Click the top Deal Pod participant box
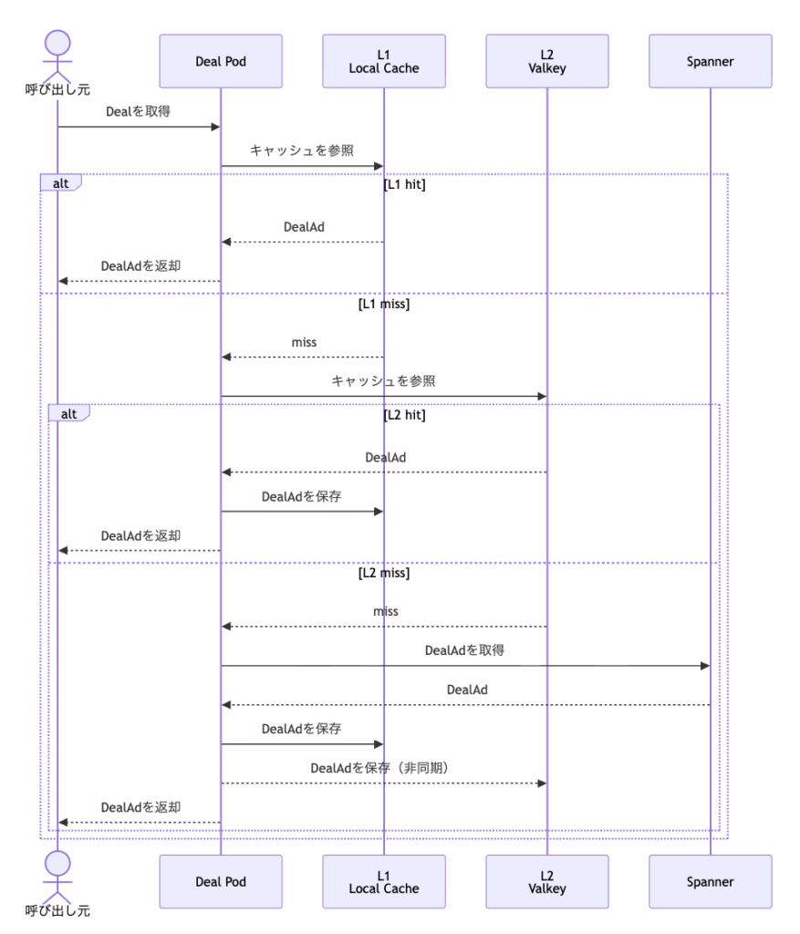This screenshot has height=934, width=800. tap(221, 61)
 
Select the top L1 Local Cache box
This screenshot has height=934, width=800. tap(384, 61)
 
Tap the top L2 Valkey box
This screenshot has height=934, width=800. tap(546, 61)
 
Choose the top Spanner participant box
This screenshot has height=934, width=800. tap(710, 61)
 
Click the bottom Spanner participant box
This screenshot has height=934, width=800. tap(710, 882)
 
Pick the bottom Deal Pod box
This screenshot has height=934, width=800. tap(221, 882)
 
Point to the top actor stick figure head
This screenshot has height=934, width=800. tap(57, 43)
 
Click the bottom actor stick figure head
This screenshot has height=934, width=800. tap(57, 863)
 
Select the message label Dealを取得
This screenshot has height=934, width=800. tap(138, 111)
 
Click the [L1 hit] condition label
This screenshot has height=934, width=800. tap(404, 184)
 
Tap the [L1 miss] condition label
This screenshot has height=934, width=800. tap(384, 304)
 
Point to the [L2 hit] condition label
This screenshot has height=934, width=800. tap(404, 415)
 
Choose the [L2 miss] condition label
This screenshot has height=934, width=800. tap(384, 573)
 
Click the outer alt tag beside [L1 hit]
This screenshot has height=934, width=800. tap(61, 182)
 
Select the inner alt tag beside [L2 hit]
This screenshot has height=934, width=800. tap(69, 413)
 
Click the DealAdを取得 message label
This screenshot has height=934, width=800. tap(464, 650)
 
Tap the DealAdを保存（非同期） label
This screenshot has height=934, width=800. tap(379, 768)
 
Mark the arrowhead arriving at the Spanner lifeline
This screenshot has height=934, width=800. tap(705, 665)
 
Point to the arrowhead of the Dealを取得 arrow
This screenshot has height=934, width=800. tap(215, 126)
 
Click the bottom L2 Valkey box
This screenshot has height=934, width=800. tap(546, 882)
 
